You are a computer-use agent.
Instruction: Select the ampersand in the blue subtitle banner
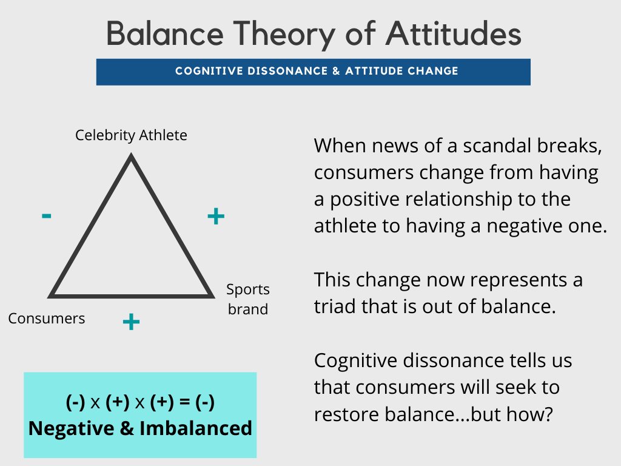[x=336, y=71]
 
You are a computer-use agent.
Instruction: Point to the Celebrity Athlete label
[x=131, y=135]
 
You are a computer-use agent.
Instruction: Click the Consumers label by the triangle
[x=47, y=319]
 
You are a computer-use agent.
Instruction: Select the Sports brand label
[x=247, y=299]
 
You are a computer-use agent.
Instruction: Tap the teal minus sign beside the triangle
[x=46, y=215]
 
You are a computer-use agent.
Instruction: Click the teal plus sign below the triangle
[x=131, y=322]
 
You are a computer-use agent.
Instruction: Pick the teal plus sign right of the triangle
[x=216, y=216]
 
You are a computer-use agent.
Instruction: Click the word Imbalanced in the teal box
[x=196, y=428]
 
